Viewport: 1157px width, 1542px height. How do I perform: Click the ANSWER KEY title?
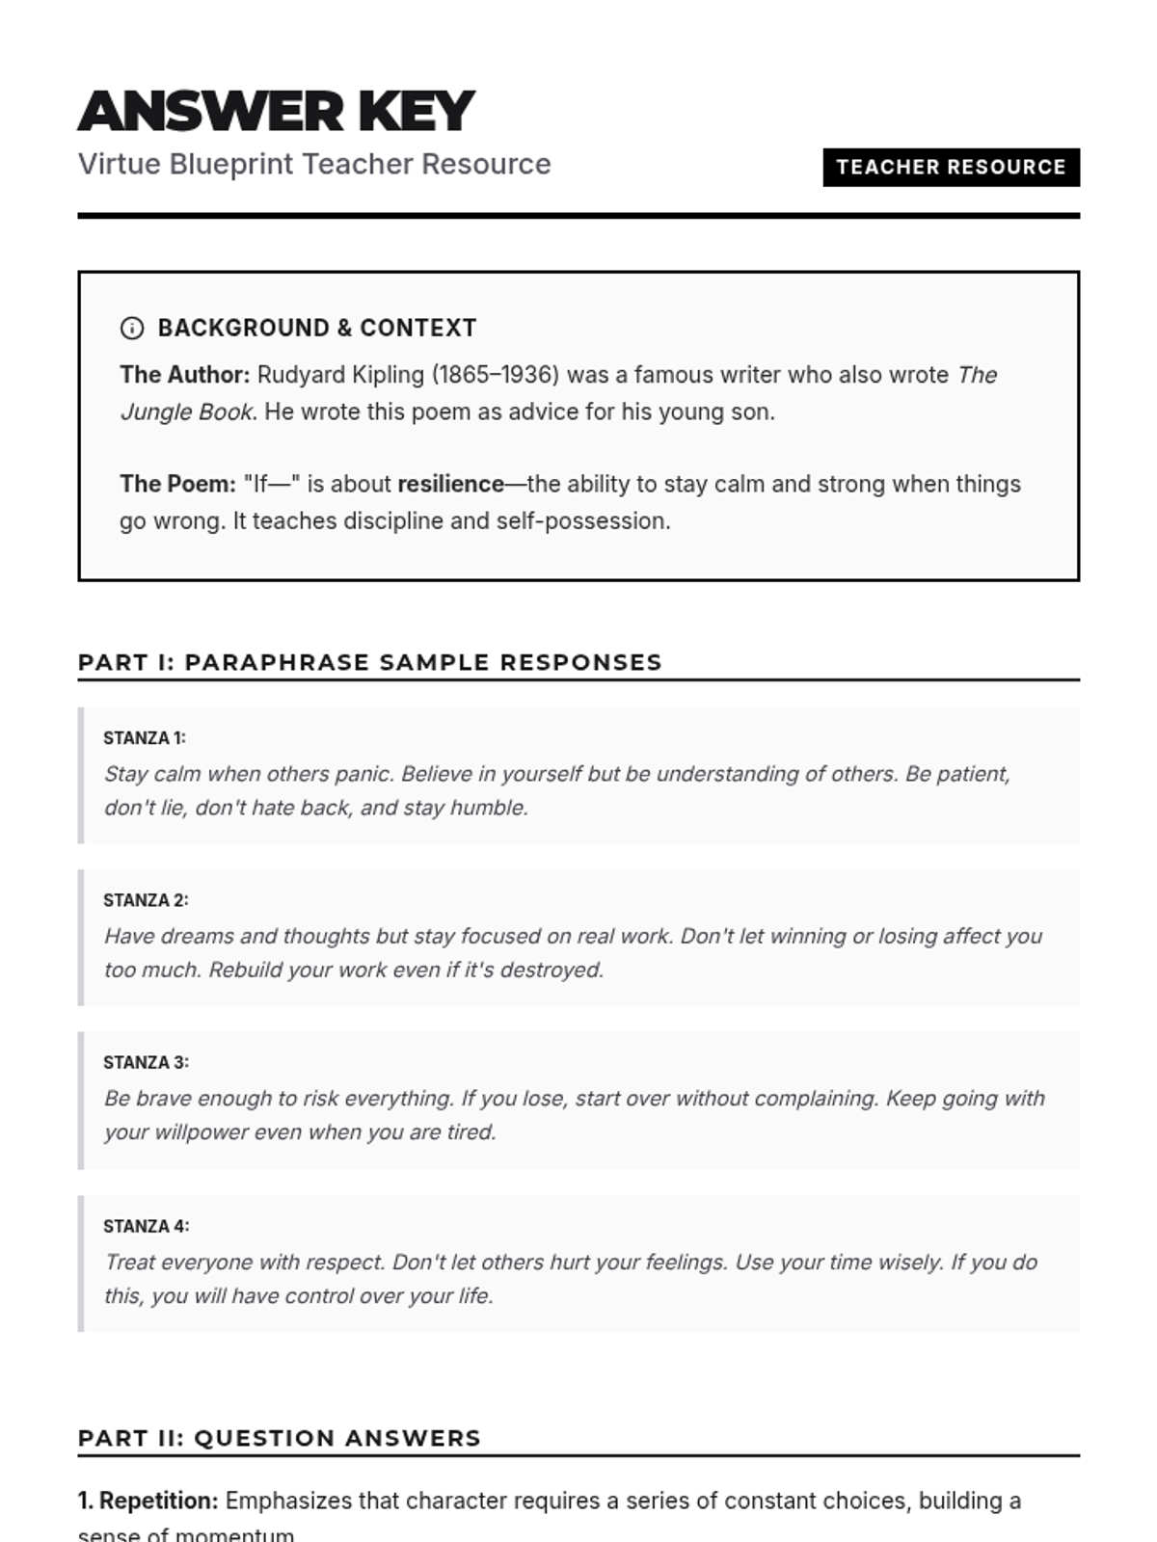click(276, 111)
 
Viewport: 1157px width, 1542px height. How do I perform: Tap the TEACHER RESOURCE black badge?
click(951, 167)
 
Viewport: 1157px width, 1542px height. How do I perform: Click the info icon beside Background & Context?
click(132, 329)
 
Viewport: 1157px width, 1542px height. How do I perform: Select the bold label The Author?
click(184, 375)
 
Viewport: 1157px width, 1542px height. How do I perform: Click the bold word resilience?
click(450, 484)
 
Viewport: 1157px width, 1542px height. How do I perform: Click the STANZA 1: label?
click(145, 738)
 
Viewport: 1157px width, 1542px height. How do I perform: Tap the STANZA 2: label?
click(146, 900)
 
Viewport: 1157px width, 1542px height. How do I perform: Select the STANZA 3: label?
click(146, 1063)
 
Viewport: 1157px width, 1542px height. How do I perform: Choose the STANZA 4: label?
click(146, 1226)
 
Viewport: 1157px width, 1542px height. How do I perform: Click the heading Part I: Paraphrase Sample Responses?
click(369, 662)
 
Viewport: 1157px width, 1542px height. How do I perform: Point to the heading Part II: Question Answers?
click(279, 1438)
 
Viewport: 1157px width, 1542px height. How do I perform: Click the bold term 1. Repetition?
click(148, 1501)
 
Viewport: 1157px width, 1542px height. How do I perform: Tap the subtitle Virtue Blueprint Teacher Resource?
click(314, 164)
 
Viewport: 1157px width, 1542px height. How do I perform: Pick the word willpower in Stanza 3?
click(202, 1132)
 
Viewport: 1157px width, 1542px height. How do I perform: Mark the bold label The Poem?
click(177, 484)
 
